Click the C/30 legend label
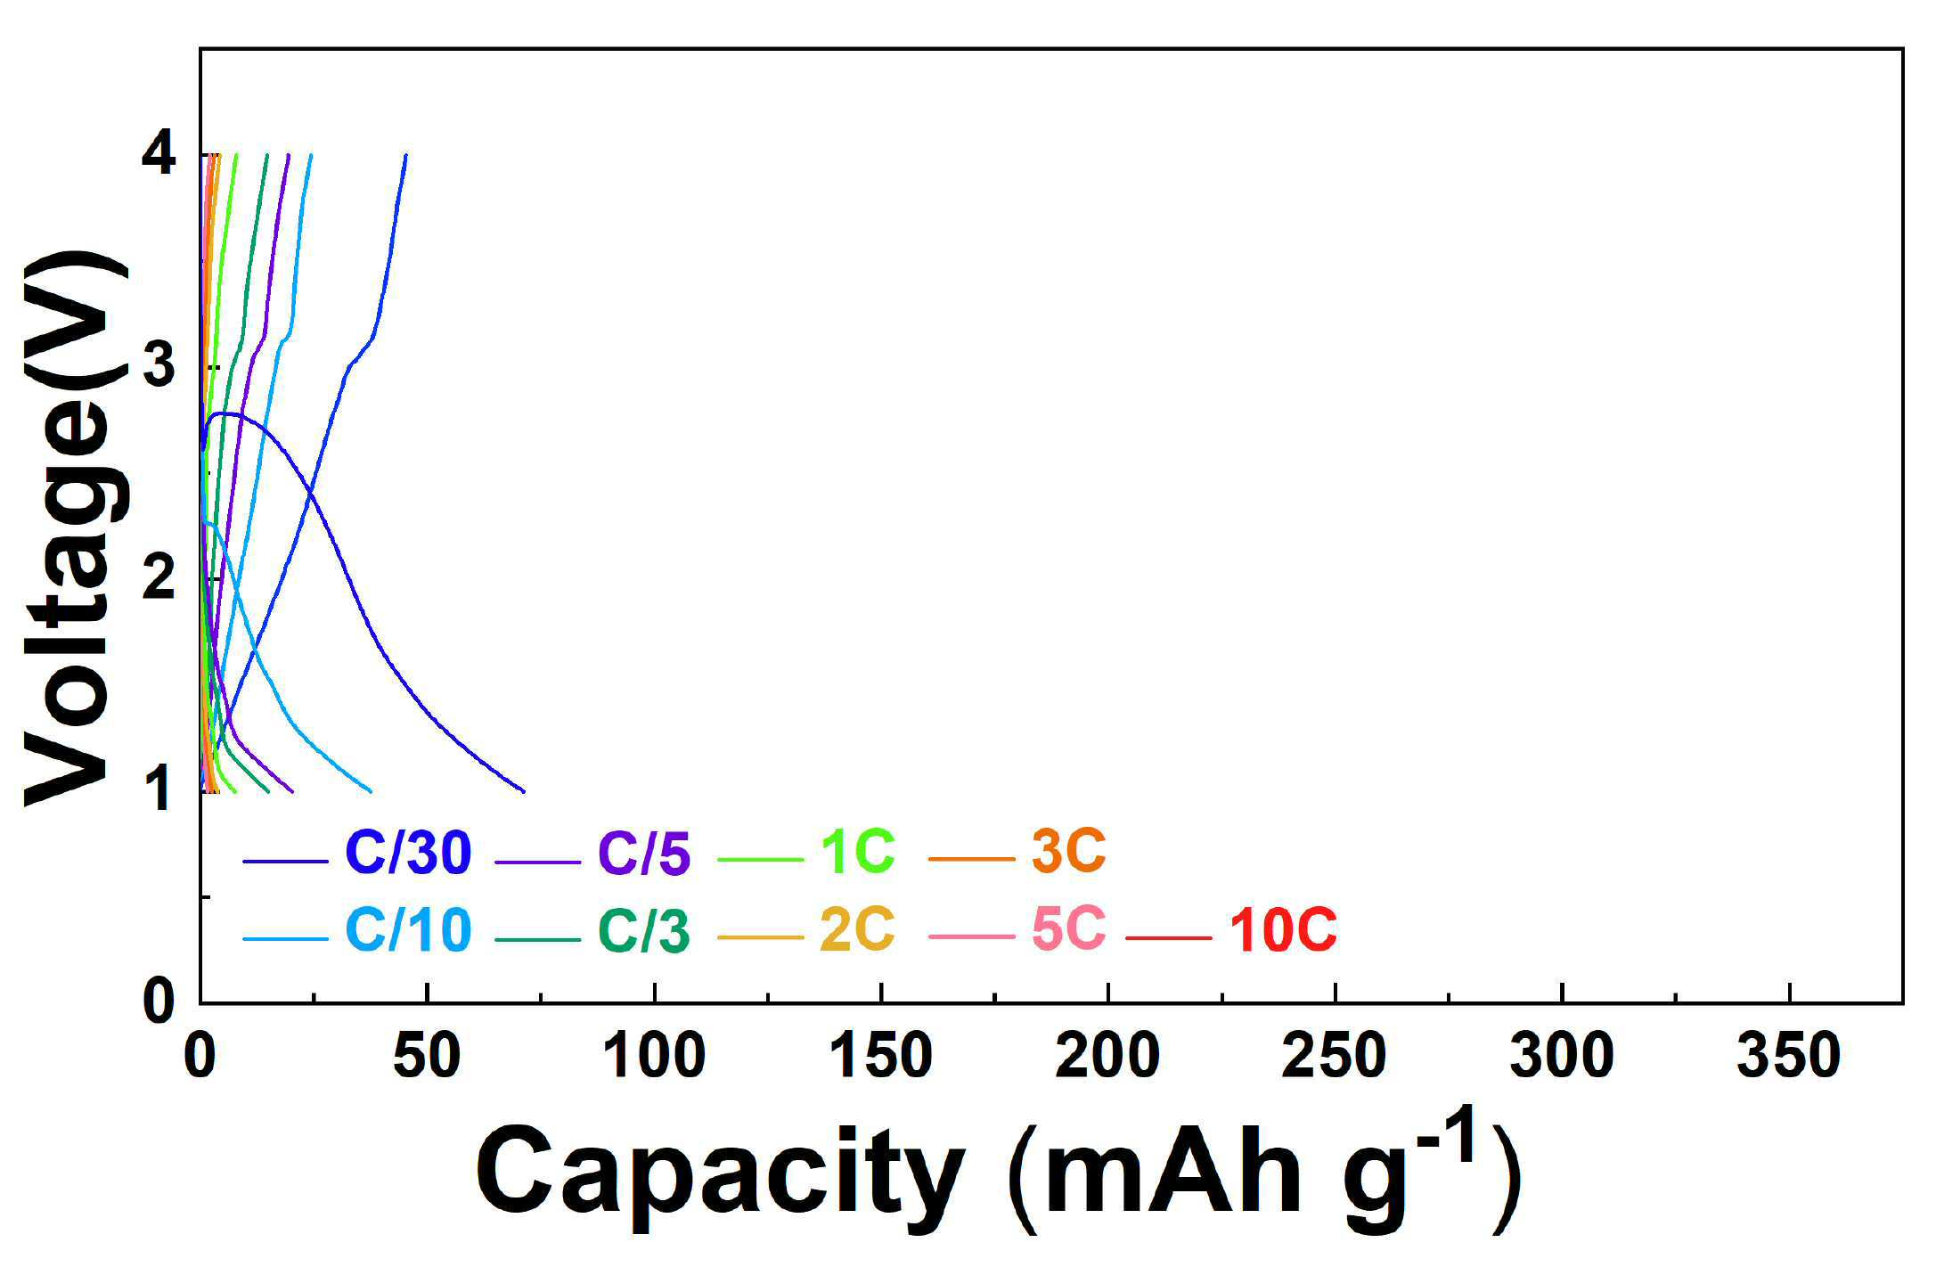[408, 853]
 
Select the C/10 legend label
[408, 930]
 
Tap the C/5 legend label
[644, 853]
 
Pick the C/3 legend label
[644, 930]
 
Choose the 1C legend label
[857, 852]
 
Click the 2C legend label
[857, 929]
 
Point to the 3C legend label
[1068, 852]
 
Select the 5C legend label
[1068, 929]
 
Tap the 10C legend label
[1283, 931]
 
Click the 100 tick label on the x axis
[655, 1057]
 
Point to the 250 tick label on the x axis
[1335, 1057]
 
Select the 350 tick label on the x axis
[1789, 1057]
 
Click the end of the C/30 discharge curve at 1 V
[524, 791]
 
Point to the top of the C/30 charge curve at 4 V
[406, 155]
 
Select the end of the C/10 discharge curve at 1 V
[371, 791]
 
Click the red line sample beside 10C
[1168, 937]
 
